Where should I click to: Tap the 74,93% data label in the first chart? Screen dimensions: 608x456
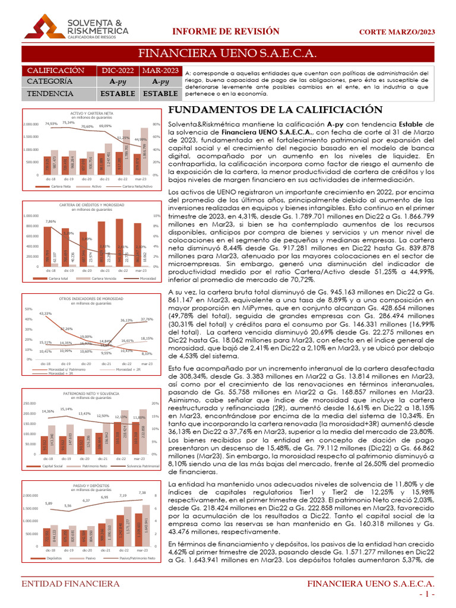click(x=51, y=124)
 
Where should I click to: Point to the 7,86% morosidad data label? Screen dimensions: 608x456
click(x=51, y=221)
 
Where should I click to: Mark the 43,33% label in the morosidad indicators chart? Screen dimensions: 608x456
click(x=46, y=313)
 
